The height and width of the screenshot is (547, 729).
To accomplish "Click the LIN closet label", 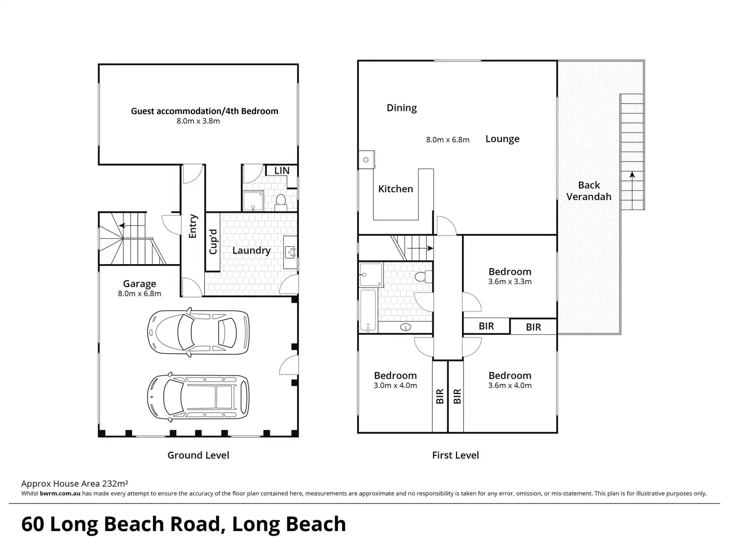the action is coord(282,171).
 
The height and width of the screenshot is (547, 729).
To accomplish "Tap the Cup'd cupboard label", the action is coord(213,242).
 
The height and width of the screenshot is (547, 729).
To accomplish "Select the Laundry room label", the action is coord(252,250).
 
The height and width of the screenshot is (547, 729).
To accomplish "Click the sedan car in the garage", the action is coord(198,332).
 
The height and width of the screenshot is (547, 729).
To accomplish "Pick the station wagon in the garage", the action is coord(198,397).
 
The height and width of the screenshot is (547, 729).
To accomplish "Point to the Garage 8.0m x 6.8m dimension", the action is coord(140,294).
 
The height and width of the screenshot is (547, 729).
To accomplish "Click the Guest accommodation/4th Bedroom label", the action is coord(205,111).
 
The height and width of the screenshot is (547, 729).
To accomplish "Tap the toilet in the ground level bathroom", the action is coord(281,202).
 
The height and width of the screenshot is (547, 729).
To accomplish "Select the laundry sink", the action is coord(291,252).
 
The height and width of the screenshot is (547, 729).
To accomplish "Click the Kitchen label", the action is coord(396,189).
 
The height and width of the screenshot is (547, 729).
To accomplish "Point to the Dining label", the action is coord(402,108).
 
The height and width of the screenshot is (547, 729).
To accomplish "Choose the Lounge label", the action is coord(503,139).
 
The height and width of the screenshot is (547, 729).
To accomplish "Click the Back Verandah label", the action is coord(589,191).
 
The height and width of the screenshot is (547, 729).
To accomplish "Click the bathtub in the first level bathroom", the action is coord(368,311).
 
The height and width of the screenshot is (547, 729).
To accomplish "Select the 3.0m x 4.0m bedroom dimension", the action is coord(395,385).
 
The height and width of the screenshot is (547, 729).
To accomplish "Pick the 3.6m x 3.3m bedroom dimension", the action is coord(510,281).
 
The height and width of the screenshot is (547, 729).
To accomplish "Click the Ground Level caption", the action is coord(198,455).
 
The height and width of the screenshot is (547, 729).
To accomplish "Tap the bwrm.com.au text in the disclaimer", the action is coord(60,493).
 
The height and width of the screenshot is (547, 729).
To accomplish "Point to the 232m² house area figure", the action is coord(115,483).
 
